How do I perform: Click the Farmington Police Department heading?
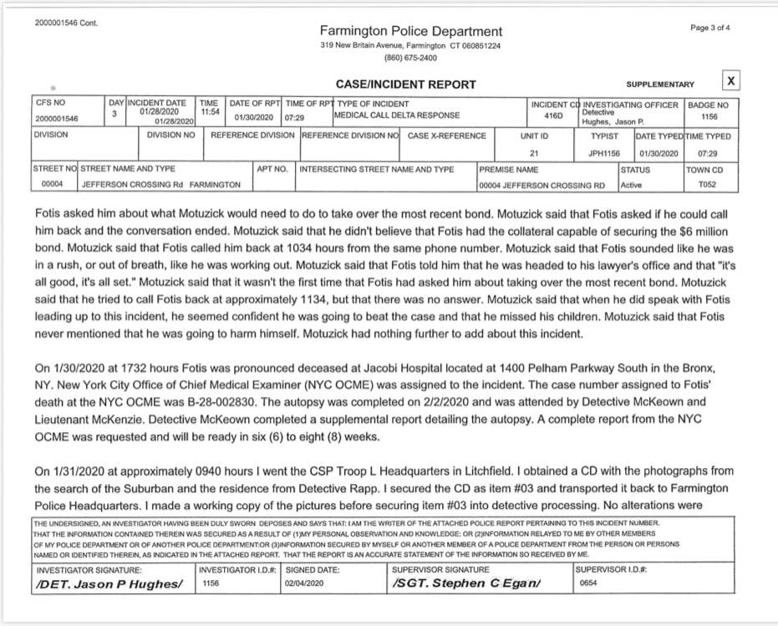[x=411, y=31]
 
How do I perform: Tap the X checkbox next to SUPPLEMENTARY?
[x=730, y=81]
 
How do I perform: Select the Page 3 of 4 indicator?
[x=710, y=28]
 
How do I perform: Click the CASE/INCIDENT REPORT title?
[x=405, y=84]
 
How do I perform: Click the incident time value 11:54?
[x=209, y=110]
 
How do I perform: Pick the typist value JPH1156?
[x=604, y=154]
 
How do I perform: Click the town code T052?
[x=708, y=185]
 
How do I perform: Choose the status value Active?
[x=632, y=185]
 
